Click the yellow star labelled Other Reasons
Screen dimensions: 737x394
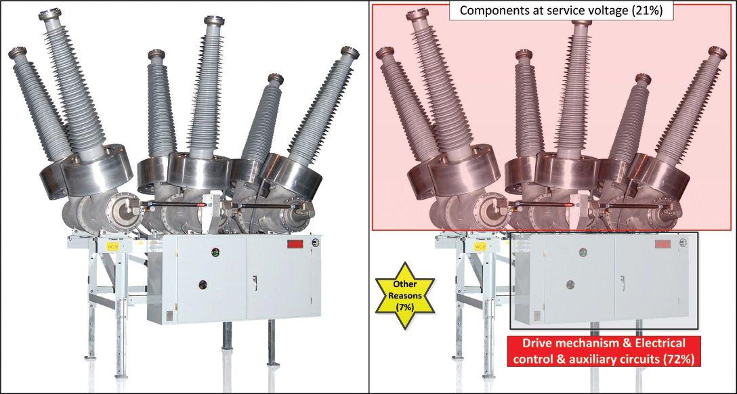405,295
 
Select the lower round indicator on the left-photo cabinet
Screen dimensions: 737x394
203,284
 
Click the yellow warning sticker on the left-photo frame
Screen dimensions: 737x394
112,246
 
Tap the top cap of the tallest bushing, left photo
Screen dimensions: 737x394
49,15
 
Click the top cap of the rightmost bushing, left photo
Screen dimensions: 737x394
350,51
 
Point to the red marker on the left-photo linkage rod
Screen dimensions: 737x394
201,204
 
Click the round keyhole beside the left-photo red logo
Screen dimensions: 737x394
316,243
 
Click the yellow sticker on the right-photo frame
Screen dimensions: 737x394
480,246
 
